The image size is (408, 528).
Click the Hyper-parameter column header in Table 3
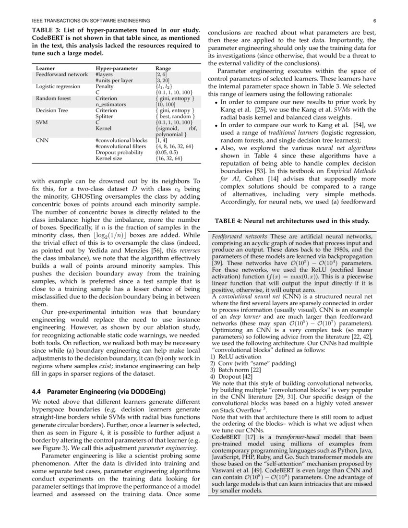click(x=116, y=69)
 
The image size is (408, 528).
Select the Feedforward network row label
click(x=62, y=74)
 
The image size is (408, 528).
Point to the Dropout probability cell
click(x=119, y=152)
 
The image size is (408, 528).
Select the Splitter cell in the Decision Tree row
click(x=105, y=116)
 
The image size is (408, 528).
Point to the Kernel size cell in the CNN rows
click(x=108, y=158)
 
